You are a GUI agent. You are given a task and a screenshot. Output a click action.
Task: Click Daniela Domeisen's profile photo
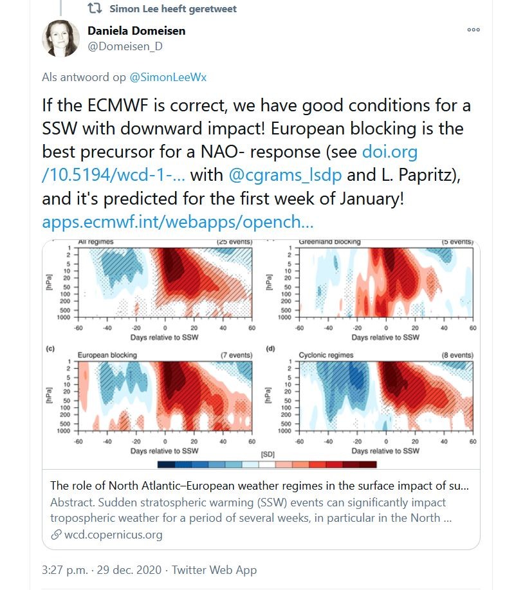(60, 39)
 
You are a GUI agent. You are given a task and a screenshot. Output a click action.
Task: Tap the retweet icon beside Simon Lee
(95, 8)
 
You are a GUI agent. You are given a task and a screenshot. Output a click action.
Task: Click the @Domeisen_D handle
(125, 46)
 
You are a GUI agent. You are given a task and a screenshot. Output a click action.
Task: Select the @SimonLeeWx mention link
(168, 77)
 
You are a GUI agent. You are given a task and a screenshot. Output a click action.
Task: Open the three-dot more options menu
(473, 30)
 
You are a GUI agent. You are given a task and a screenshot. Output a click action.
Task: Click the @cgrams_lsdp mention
(285, 175)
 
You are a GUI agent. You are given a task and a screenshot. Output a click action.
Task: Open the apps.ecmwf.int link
(178, 222)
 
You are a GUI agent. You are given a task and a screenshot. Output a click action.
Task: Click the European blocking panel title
(107, 355)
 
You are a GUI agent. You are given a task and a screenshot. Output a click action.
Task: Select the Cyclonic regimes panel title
(326, 355)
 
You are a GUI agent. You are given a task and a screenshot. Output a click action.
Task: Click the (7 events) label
(236, 355)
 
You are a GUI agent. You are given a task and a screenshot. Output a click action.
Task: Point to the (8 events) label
(457, 355)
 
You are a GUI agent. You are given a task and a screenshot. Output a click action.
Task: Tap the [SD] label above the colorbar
(268, 454)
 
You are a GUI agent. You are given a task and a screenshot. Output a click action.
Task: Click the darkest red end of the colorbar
(368, 465)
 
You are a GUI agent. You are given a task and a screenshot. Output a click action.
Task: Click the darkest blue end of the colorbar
(166, 465)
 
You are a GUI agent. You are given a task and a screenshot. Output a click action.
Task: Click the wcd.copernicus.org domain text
(113, 534)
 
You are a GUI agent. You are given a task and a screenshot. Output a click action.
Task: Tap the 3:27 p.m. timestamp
(64, 570)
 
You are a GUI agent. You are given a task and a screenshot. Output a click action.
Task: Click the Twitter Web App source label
(214, 570)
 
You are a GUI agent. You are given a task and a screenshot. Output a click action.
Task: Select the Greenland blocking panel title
(329, 242)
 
